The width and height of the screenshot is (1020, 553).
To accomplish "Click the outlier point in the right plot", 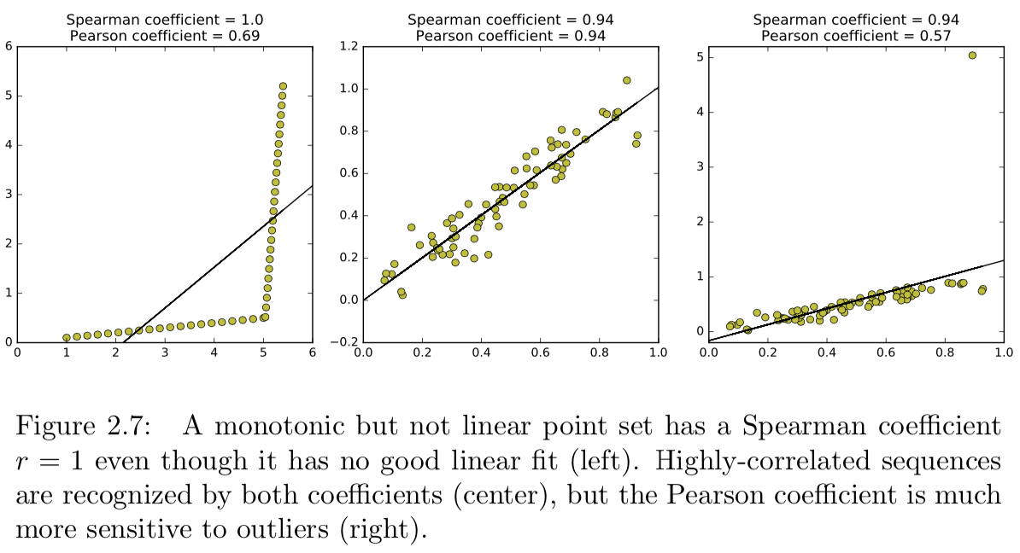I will pos(972,55).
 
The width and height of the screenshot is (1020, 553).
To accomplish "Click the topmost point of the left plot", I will pos(284,86).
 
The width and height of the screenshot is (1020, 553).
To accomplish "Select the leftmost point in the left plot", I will pos(67,338).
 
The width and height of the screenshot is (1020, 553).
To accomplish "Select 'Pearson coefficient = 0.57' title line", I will pos(855,36).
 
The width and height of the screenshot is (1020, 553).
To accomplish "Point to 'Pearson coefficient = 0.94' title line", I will pos(511,36).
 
